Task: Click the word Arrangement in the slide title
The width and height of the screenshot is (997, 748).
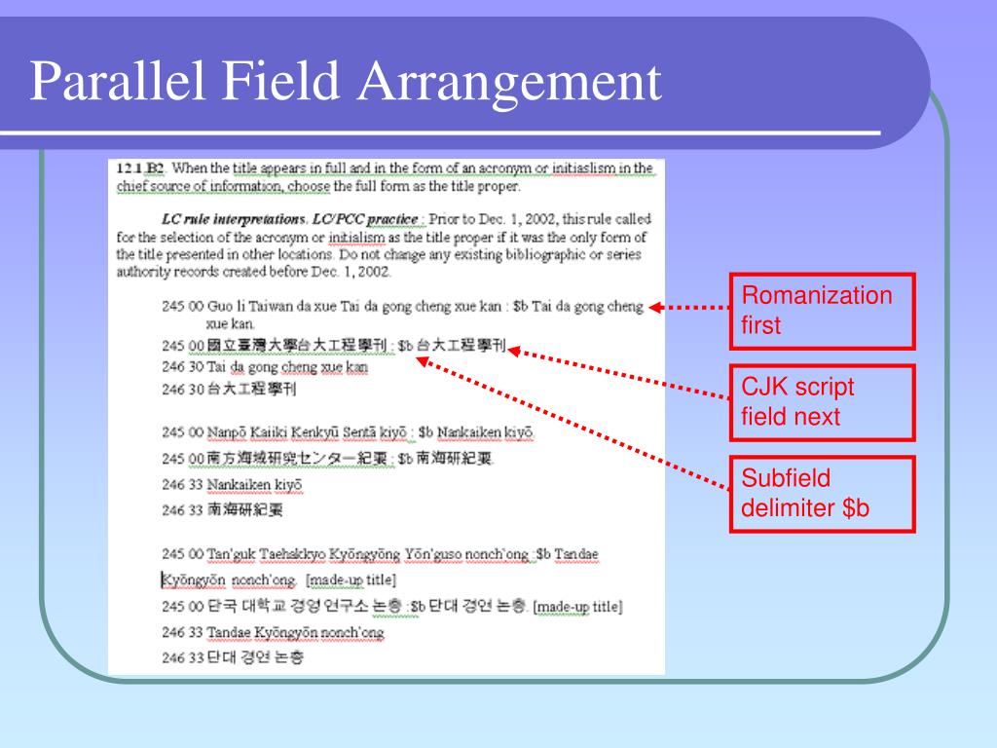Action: (x=508, y=82)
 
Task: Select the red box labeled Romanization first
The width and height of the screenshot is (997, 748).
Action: (x=824, y=311)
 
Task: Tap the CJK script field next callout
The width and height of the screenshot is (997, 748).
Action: (x=824, y=402)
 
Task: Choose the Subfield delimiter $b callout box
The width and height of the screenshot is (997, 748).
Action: (x=824, y=494)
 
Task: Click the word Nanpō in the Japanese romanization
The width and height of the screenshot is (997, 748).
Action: (x=227, y=431)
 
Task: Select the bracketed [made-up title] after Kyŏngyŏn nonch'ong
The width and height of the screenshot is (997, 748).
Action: (x=351, y=580)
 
